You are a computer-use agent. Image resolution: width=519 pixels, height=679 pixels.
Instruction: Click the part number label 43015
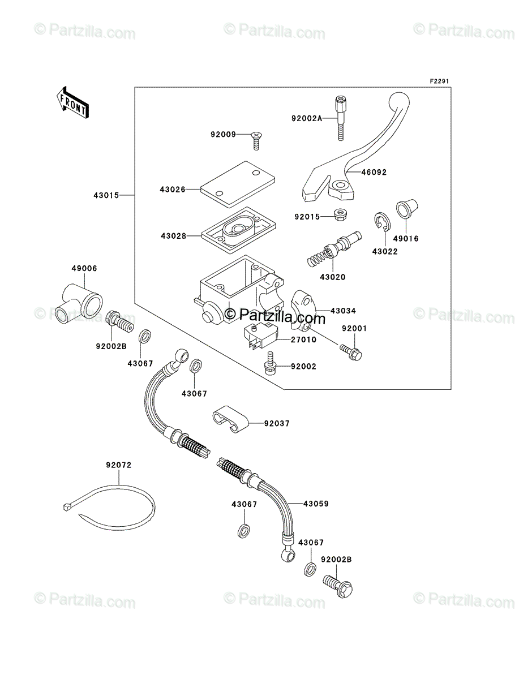click(x=106, y=196)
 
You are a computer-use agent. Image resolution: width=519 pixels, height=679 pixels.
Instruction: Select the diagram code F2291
click(x=439, y=81)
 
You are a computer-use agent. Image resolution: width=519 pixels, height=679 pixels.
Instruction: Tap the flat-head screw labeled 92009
click(x=256, y=141)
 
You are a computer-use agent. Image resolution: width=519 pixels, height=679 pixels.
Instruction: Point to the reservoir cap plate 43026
click(x=238, y=184)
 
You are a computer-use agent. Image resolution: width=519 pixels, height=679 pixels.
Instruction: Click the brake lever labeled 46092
click(x=355, y=148)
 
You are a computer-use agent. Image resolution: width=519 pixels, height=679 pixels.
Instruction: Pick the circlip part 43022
click(x=382, y=222)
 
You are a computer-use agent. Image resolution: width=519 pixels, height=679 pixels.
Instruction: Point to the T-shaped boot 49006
click(x=79, y=303)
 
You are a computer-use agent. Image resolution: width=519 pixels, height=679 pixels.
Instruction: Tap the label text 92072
click(x=119, y=474)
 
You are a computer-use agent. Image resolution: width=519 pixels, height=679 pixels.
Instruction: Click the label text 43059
click(x=316, y=504)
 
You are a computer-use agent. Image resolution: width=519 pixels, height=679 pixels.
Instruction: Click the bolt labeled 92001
click(x=351, y=353)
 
